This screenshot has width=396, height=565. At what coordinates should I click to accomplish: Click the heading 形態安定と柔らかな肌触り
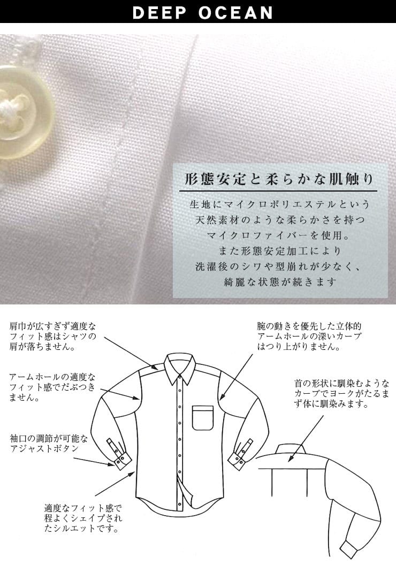pos(278,179)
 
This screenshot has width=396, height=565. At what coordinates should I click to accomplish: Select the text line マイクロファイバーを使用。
pos(278,235)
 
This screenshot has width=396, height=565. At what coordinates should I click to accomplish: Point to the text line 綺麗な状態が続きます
pos(280,282)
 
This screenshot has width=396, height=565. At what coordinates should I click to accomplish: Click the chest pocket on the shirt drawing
pos(203,418)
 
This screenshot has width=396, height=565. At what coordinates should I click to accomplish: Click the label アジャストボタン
pos(44,448)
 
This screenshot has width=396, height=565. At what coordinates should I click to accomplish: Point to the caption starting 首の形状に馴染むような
pos(341,393)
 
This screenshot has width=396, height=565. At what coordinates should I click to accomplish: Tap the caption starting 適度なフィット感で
pos(83,518)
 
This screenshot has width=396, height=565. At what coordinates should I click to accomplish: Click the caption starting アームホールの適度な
pos(52,387)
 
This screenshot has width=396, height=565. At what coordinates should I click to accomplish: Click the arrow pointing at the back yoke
pos(306,438)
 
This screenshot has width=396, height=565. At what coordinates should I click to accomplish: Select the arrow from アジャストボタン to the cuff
pos(94,462)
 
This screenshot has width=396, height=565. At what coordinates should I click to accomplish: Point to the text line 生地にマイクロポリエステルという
pos(280,204)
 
